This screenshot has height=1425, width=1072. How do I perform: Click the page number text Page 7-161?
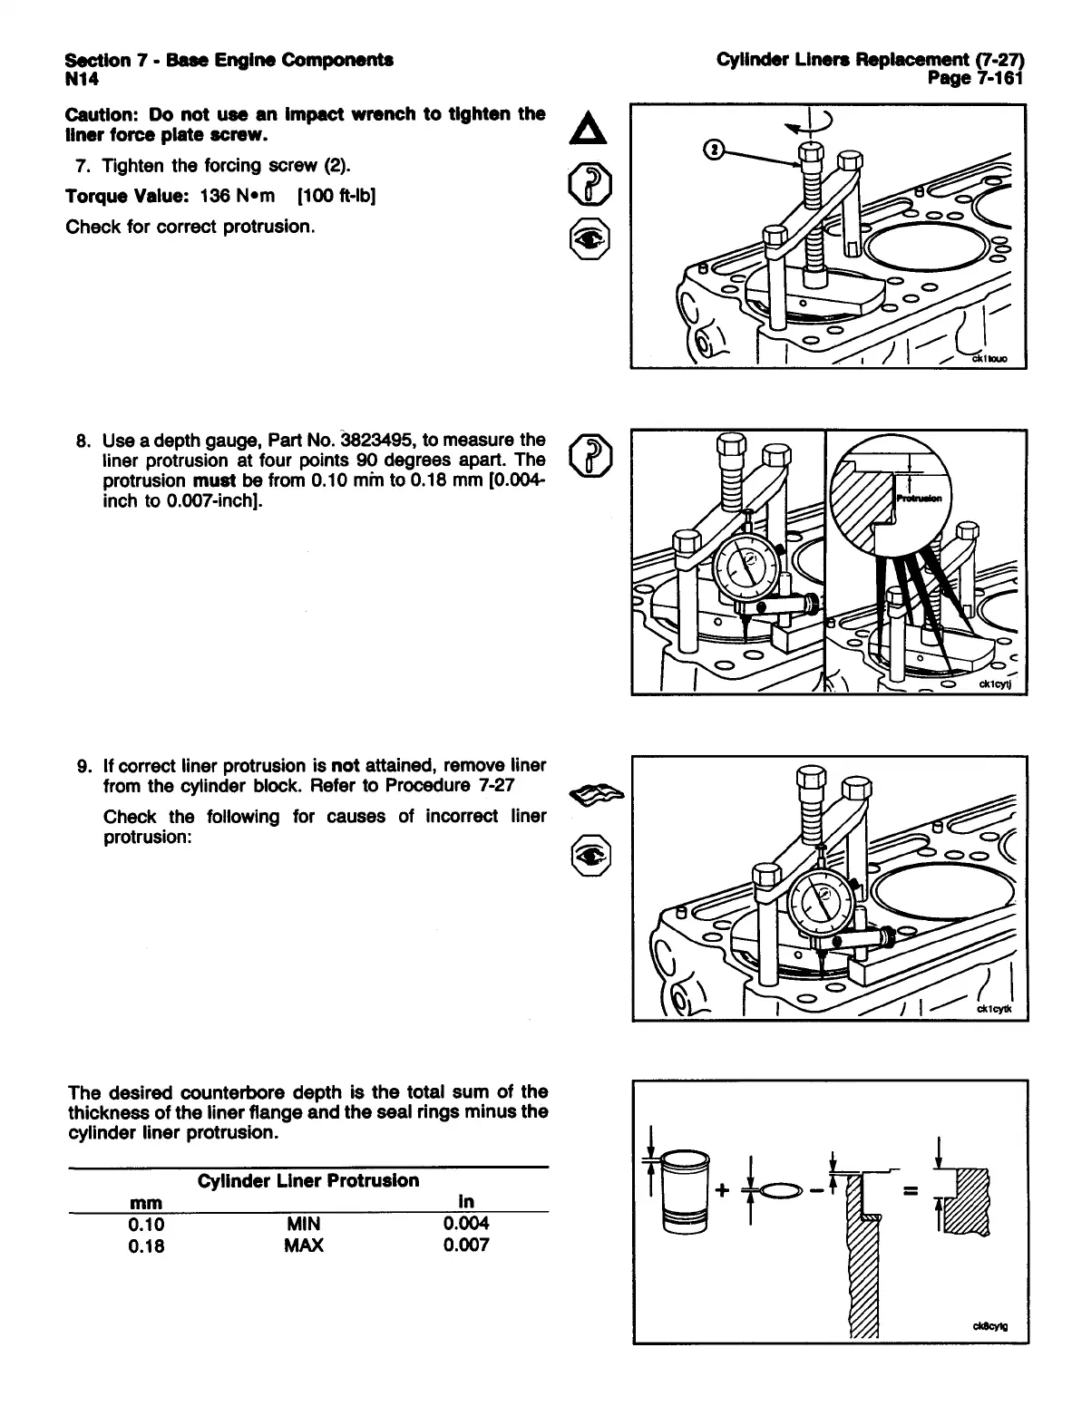(x=974, y=79)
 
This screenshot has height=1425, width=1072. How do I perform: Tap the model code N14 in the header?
(x=83, y=81)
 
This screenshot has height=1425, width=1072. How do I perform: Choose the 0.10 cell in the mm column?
(x=146, y=1225)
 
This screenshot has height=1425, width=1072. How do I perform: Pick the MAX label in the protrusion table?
(x=304, y=1246)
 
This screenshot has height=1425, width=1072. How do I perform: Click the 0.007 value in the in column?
(x=466, y=1246)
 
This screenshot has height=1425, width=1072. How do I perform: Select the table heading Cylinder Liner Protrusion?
(x=308, y=1180)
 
